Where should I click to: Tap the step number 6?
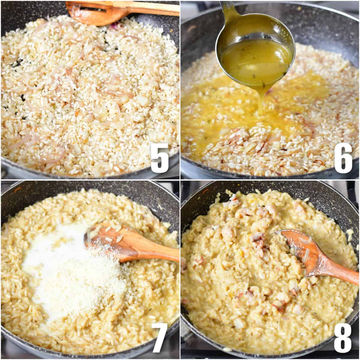click(343, 158)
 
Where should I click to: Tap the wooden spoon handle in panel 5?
click(150, 7)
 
